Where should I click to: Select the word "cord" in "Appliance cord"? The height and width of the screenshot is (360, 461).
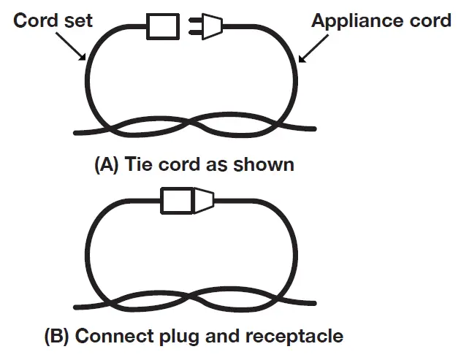(427, 20)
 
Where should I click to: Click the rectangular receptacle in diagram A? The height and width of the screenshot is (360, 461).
(163, 27)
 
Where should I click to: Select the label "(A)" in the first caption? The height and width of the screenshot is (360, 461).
(107, 165)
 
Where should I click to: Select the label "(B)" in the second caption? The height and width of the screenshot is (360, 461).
(58, 337)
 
